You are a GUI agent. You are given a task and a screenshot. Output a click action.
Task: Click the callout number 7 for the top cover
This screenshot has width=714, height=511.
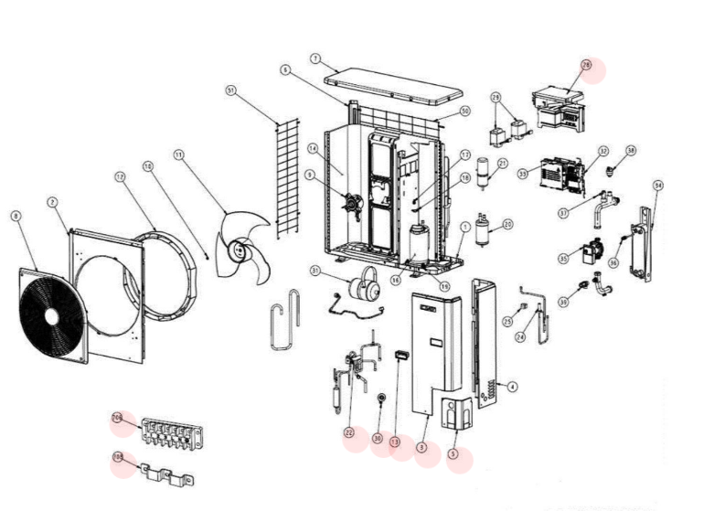(314, 59)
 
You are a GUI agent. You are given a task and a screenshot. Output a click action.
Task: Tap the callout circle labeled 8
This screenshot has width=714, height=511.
(16, 216)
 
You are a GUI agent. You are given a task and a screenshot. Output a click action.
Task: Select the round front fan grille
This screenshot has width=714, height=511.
(50, 314)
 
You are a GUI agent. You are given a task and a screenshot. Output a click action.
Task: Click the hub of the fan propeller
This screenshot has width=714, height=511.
(240, 248)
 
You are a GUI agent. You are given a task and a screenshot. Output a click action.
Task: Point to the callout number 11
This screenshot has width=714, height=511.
(178, 155)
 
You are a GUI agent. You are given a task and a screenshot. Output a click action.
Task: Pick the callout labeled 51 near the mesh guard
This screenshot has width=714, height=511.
(230, 90)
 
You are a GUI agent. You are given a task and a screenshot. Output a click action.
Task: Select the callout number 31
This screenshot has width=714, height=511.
(314, 271)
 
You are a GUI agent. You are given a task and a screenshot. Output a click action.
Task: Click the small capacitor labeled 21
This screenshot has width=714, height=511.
(485, 174)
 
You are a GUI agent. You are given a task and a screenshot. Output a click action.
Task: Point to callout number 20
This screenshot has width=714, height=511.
(507, 223)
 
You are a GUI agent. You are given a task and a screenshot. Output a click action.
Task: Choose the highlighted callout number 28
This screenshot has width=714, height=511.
(587, 66)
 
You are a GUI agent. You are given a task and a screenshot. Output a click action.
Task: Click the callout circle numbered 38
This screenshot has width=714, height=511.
(631, 150)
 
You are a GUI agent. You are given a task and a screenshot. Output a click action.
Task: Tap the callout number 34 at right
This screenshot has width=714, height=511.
(657, 186)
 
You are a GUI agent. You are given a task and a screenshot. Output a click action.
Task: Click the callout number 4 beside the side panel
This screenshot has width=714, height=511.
(511, 387)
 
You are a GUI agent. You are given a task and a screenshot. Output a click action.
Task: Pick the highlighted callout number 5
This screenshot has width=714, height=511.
(454, 453)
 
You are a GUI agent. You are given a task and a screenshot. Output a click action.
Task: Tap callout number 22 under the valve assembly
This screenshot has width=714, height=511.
(348, 431)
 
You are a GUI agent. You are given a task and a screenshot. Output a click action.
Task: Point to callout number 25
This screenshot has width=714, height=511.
(507, 322)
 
